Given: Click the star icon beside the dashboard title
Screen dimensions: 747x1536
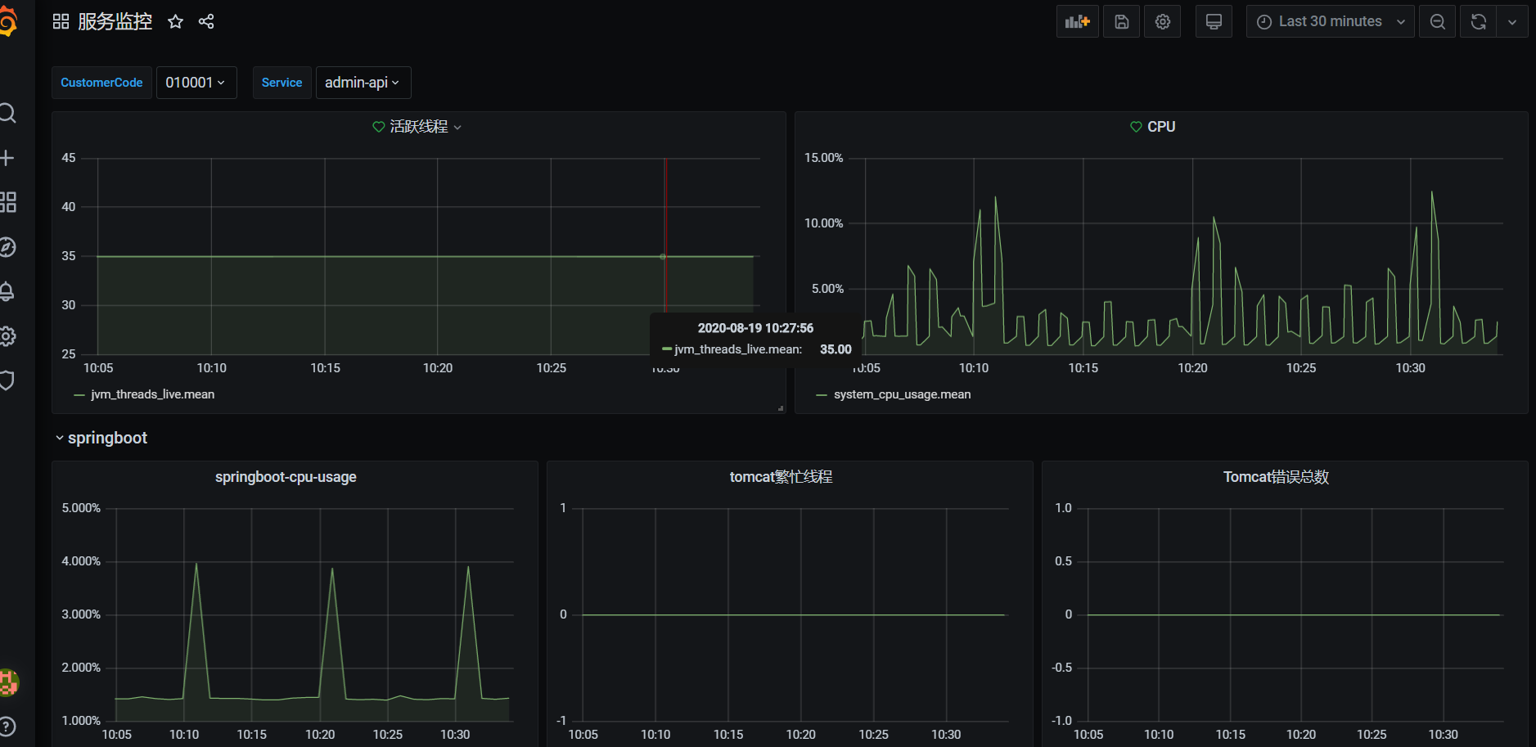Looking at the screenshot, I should point(175,22).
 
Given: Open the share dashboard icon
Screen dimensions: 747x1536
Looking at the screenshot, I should point(206,22).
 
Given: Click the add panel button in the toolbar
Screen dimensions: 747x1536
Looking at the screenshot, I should point(1077,22).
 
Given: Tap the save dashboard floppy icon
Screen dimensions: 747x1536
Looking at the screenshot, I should point(1122,22).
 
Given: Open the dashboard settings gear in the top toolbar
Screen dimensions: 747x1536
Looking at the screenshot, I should point(1163,22).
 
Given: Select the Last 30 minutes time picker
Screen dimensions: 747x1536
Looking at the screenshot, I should point(1330,22).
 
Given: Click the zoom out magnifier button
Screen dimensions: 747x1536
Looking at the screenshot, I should point(1437,22).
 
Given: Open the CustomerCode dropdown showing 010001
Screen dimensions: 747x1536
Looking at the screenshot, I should point(196,83).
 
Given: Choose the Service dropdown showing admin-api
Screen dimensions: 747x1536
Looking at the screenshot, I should point(363,83).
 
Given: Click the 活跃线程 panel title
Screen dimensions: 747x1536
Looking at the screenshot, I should point(418,127).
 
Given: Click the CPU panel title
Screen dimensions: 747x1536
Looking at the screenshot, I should point(1160,127).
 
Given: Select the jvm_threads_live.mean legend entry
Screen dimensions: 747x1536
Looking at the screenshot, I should point(152,394).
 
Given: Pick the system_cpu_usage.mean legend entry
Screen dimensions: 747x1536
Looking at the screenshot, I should point(902,394).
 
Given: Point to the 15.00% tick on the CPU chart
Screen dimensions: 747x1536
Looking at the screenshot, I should point(823,158).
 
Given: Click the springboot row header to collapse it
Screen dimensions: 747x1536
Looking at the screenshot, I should point(107,438).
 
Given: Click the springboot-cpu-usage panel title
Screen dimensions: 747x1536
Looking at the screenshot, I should point(286,477).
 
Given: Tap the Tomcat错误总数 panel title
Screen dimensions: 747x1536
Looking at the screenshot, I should point(1276,477).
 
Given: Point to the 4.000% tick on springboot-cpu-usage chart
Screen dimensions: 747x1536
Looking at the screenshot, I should point(81,561).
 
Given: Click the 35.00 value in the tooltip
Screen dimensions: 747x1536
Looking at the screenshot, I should point(836,349).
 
